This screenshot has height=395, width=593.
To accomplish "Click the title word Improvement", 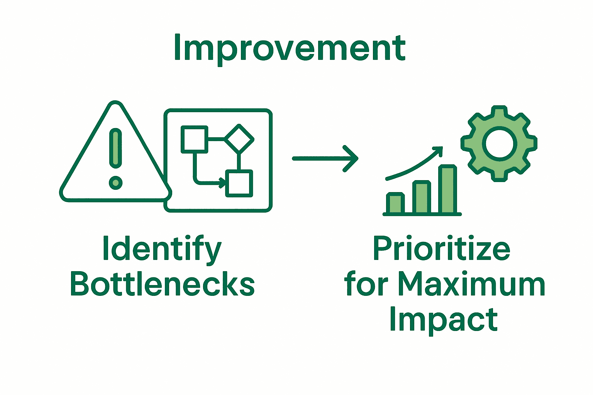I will pos(290,48).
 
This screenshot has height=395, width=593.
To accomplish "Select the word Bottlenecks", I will pos(162,284).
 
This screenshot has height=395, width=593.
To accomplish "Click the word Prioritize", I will pos(441,249).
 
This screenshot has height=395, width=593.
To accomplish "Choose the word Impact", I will pos(443,319).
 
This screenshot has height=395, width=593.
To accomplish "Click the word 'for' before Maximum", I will pos(366,284).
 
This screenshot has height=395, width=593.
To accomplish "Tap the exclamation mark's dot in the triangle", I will pos(115,182).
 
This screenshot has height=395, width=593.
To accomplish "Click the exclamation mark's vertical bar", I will pos(115,148).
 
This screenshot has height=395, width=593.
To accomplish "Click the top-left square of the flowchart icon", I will pos(195,139).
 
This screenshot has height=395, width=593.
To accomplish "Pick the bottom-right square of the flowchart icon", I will pos(239,183).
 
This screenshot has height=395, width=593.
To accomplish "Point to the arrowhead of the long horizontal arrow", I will pos(352,158).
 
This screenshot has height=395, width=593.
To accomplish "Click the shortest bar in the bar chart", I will pos(395,203).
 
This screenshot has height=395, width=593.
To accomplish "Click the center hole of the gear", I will pos(499,144).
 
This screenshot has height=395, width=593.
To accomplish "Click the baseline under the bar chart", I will pos(422,214).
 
